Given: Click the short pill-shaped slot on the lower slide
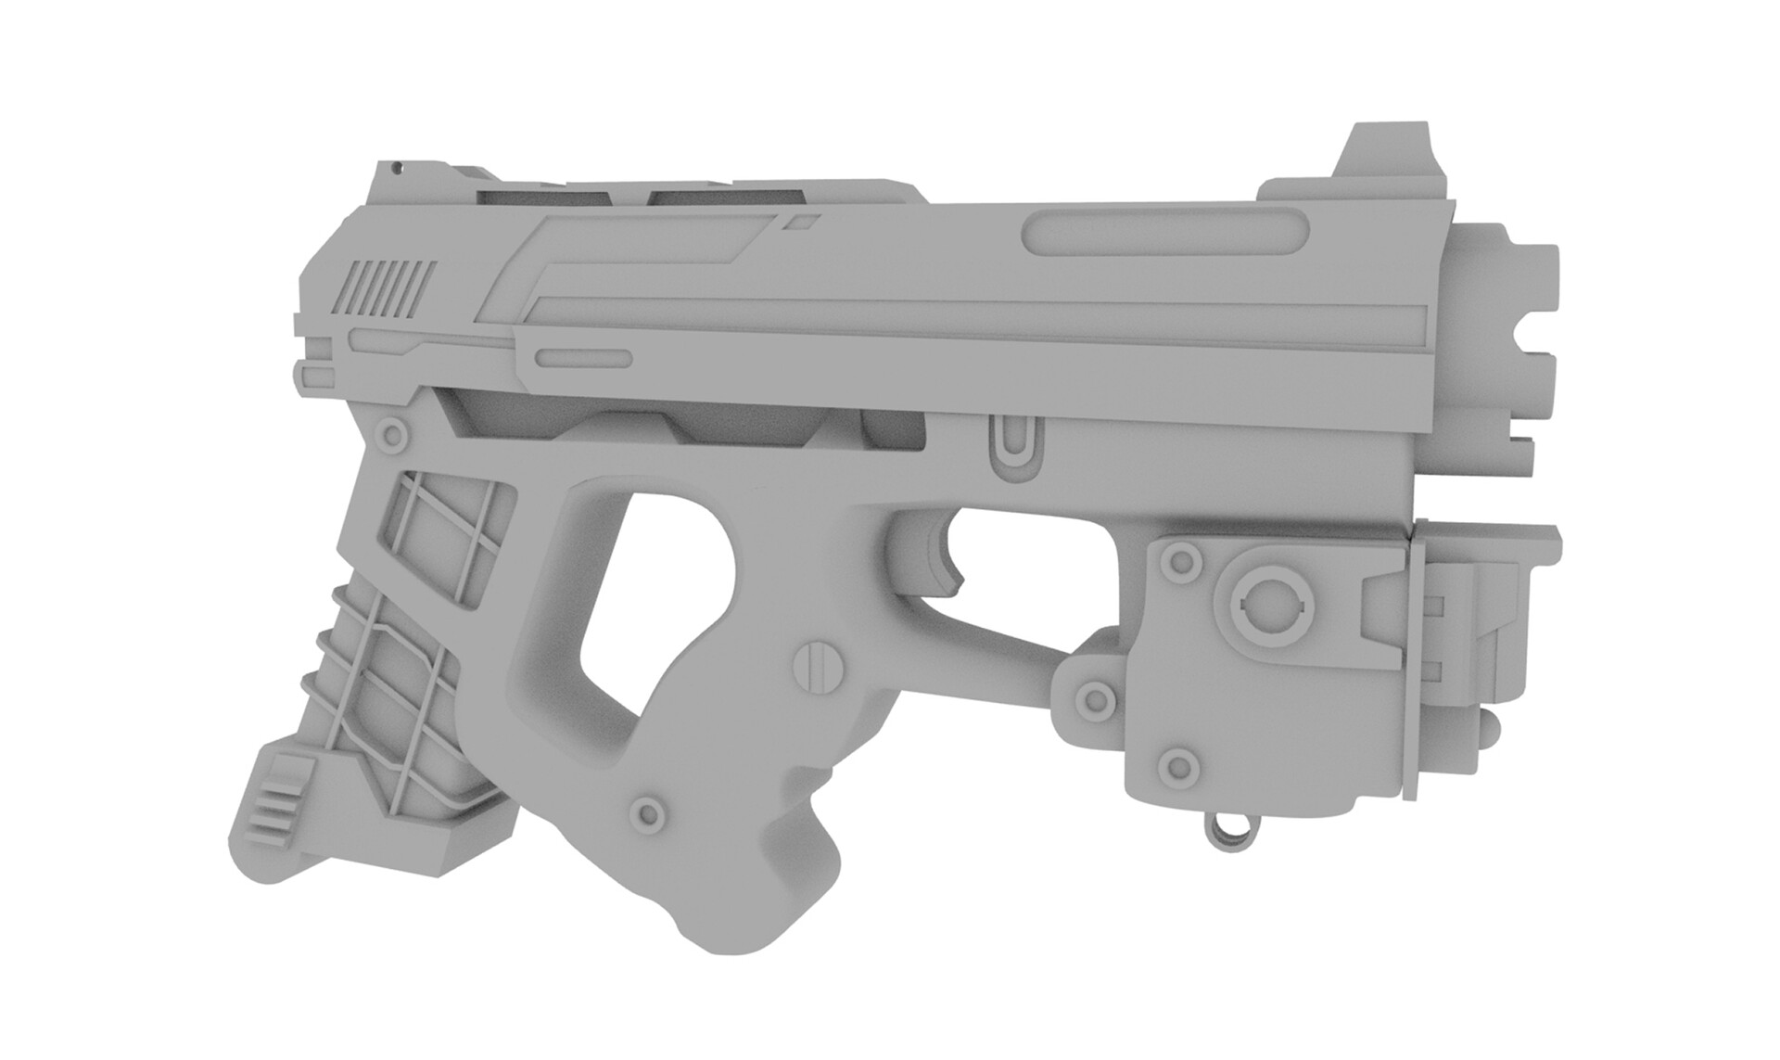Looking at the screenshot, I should coord(585,359).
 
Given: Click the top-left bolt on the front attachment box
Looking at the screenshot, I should coord(1179,561).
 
